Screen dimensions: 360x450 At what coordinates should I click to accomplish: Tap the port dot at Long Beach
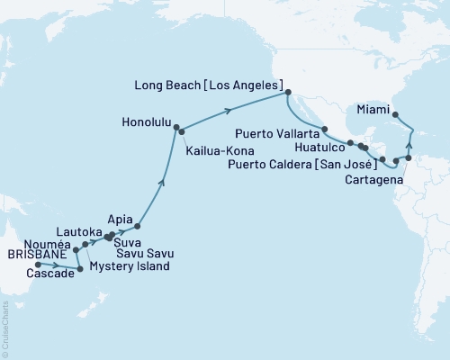(288, 92)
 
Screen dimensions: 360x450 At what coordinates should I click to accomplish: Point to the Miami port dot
(396, 115)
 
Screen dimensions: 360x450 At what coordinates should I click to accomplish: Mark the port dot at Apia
(138, 227)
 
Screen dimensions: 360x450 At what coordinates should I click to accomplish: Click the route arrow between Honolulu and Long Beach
(230, 110)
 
